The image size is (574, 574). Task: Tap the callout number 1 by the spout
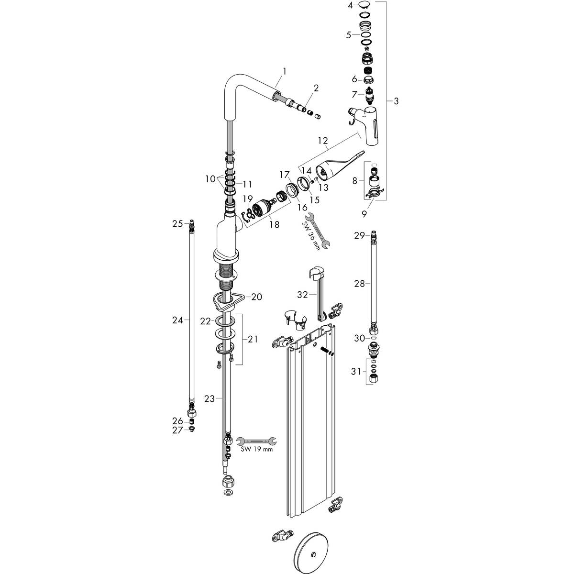[x=285, y=71]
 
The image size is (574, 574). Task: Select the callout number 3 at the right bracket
[x=396, y=101]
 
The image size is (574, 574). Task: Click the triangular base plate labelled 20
[x=225, y=300]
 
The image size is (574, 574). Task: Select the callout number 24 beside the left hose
[x=177, y=321]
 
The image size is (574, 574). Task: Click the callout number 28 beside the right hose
[x=359, y=284]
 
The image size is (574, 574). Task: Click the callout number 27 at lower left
[x=177, y=430]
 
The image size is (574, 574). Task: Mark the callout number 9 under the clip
[x=364, y=214]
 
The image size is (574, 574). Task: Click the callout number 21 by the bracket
[x=252, y=339]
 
